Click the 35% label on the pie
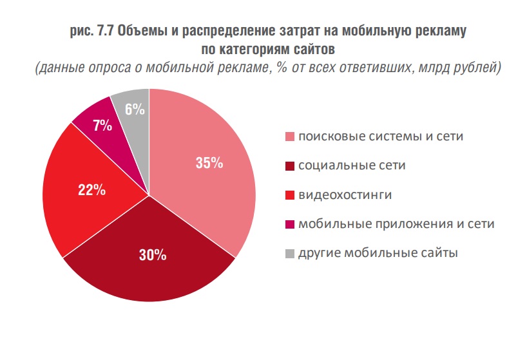click(209, 164)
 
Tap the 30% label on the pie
click(153, 254)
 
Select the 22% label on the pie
click(91, 190)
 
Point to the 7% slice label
click(102, 126)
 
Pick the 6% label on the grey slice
click(134, 109)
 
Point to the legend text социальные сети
click(352, 166)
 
